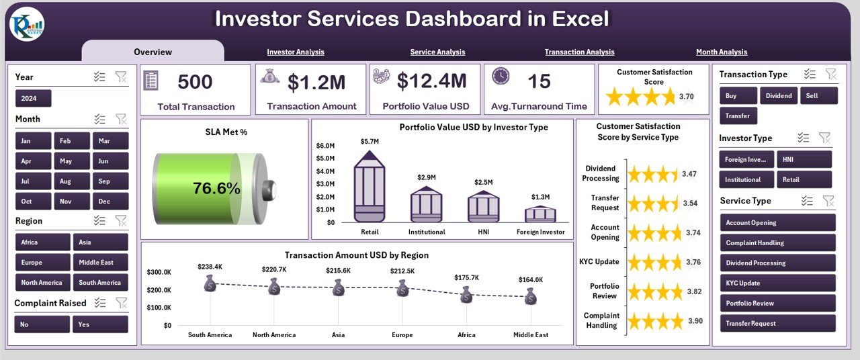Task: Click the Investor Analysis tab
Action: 295,52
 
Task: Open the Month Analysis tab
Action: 721,52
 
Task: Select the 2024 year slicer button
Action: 33,99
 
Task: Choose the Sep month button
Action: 111,181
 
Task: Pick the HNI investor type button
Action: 804,159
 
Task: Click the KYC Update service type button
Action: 777,283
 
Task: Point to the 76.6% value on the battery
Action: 216,189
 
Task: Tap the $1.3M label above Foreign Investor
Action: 540,197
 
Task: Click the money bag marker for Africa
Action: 466,294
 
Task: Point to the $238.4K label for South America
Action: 210,267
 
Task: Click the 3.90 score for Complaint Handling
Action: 695,321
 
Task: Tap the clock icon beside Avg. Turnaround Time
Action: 501,77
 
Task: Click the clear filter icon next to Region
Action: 121,220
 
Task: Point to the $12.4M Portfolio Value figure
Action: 431,81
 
